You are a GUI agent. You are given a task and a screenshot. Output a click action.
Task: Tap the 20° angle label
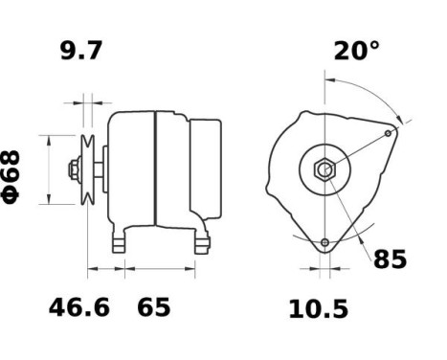356,52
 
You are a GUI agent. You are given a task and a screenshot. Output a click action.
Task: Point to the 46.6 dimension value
79,308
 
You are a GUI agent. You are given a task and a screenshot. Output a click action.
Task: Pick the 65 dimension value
153,308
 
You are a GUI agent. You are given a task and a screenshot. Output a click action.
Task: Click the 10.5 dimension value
318,309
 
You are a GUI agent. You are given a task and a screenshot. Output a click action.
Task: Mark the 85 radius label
390,259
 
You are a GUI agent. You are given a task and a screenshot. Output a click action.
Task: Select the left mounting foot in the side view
120,241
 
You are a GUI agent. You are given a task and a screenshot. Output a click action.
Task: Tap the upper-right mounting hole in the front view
388,133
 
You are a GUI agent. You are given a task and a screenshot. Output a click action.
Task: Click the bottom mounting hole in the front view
325,241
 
